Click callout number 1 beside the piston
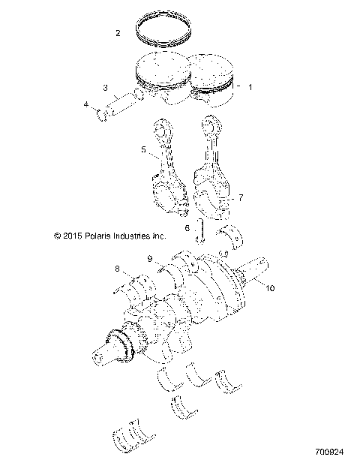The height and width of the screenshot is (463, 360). [x=250, y=87]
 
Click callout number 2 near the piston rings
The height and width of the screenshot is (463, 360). [x=118, y=33]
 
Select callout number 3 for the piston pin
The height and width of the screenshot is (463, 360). [x=106, y=87]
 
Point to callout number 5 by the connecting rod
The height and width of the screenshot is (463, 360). [x=142, y=150]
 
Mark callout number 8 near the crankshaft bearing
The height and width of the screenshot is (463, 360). [x=116, y=268]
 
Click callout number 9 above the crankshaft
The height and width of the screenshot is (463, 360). [x=150, y=259]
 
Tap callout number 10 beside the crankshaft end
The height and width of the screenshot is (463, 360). [x=271, y=287]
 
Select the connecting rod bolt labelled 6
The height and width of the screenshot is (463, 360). [x=201, y=232]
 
